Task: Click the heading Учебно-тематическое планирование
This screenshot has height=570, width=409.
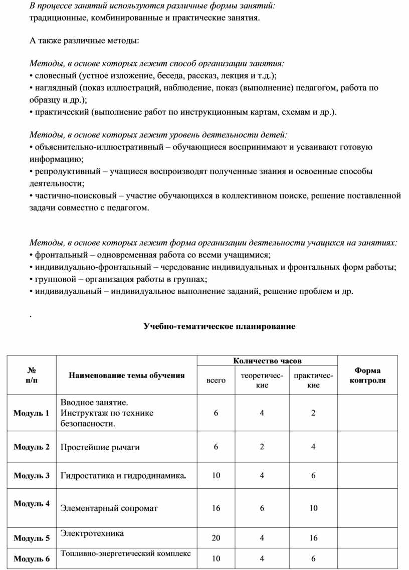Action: pos(220,326)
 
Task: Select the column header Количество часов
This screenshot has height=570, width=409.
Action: pos(267,361)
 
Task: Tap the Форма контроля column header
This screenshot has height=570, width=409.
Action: pos(367,375)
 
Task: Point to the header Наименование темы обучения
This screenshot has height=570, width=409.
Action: pos(126,375)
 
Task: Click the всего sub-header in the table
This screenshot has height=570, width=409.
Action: pos(216,381)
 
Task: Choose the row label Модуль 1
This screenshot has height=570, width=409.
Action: pos(32,414)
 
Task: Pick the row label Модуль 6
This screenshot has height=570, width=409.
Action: pos(32,559)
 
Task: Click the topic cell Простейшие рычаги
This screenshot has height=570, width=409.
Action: pos(100,447)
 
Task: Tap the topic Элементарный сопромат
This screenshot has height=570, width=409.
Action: pos(109,508)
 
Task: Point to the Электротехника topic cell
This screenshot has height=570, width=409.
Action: pos(92,533)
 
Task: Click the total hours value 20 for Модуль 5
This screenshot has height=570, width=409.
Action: pos(216,538)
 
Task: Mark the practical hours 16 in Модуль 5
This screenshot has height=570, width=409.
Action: pos(313,538)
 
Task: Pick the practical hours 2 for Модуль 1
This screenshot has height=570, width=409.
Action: pos(313,413)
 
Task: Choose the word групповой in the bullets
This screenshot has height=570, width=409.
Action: pos(53,279)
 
